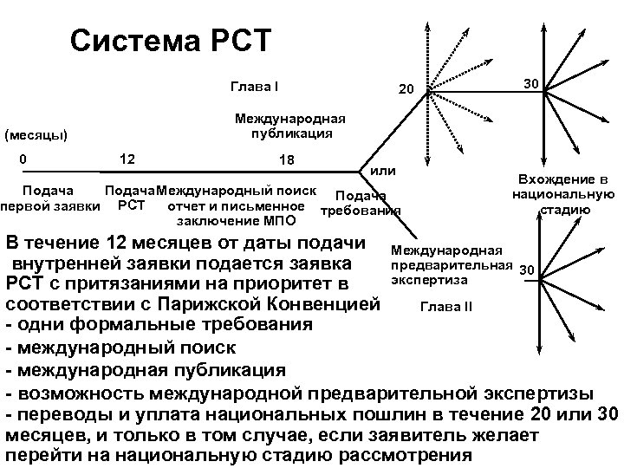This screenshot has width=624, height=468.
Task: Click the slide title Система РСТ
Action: [x=171, y=40]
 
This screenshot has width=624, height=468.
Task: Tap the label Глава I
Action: [x=254, y=87]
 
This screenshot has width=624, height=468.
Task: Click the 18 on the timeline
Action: [x=287, y=160]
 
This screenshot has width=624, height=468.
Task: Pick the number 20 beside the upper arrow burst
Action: [x=406, y=90]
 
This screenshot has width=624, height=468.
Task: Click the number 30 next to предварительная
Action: [x=527, y=270]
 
